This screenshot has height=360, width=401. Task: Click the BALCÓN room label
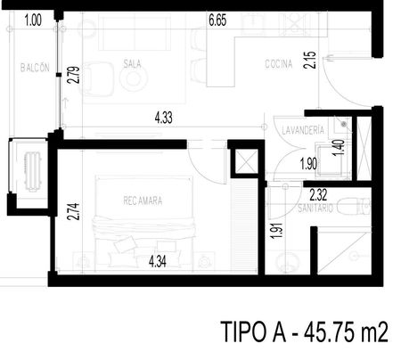click(35, 68)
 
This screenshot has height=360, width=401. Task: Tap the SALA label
click(132, 63)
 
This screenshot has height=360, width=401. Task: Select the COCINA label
click(279, 64)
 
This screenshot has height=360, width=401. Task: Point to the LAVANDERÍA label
click(303, 130)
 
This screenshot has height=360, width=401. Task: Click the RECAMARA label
click(143, 200)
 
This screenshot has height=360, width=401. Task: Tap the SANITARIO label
click(315, 208)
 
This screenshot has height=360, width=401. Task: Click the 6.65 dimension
click(217, 20)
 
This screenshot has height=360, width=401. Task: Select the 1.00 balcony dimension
click(33, 20)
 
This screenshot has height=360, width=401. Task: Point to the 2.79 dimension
click(74, 75)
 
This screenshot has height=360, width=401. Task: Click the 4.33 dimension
click(163, 118)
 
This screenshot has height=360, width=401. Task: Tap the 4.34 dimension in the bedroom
click(158, 262)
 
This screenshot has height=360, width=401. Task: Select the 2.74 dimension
click(73, 211)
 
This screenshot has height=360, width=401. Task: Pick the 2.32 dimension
click(318, 195)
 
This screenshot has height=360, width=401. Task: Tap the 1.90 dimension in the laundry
click(308, 164)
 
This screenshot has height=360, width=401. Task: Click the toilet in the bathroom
click(354, 206)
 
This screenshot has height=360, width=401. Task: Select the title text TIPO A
click(254, 331)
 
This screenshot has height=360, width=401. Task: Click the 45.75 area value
click(329, 331)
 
